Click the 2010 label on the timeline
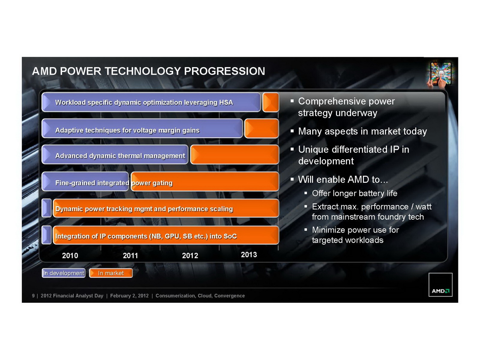[70, 255]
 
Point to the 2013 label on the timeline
[249, 254]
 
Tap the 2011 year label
[130, 255]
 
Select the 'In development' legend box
[64, 273]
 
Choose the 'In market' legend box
[111, 273]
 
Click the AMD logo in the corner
[440, 285]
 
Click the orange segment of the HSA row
[271, 102]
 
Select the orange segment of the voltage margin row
[262, 128]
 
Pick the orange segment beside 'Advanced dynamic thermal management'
[235, 154]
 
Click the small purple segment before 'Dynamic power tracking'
[46, 208]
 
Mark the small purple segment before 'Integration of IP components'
[46, 235]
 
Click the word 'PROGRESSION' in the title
[225, 71]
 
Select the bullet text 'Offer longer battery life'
[355, 193]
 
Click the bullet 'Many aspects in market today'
[363, 131]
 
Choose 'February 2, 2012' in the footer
[129, 296]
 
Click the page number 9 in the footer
[33, 296]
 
